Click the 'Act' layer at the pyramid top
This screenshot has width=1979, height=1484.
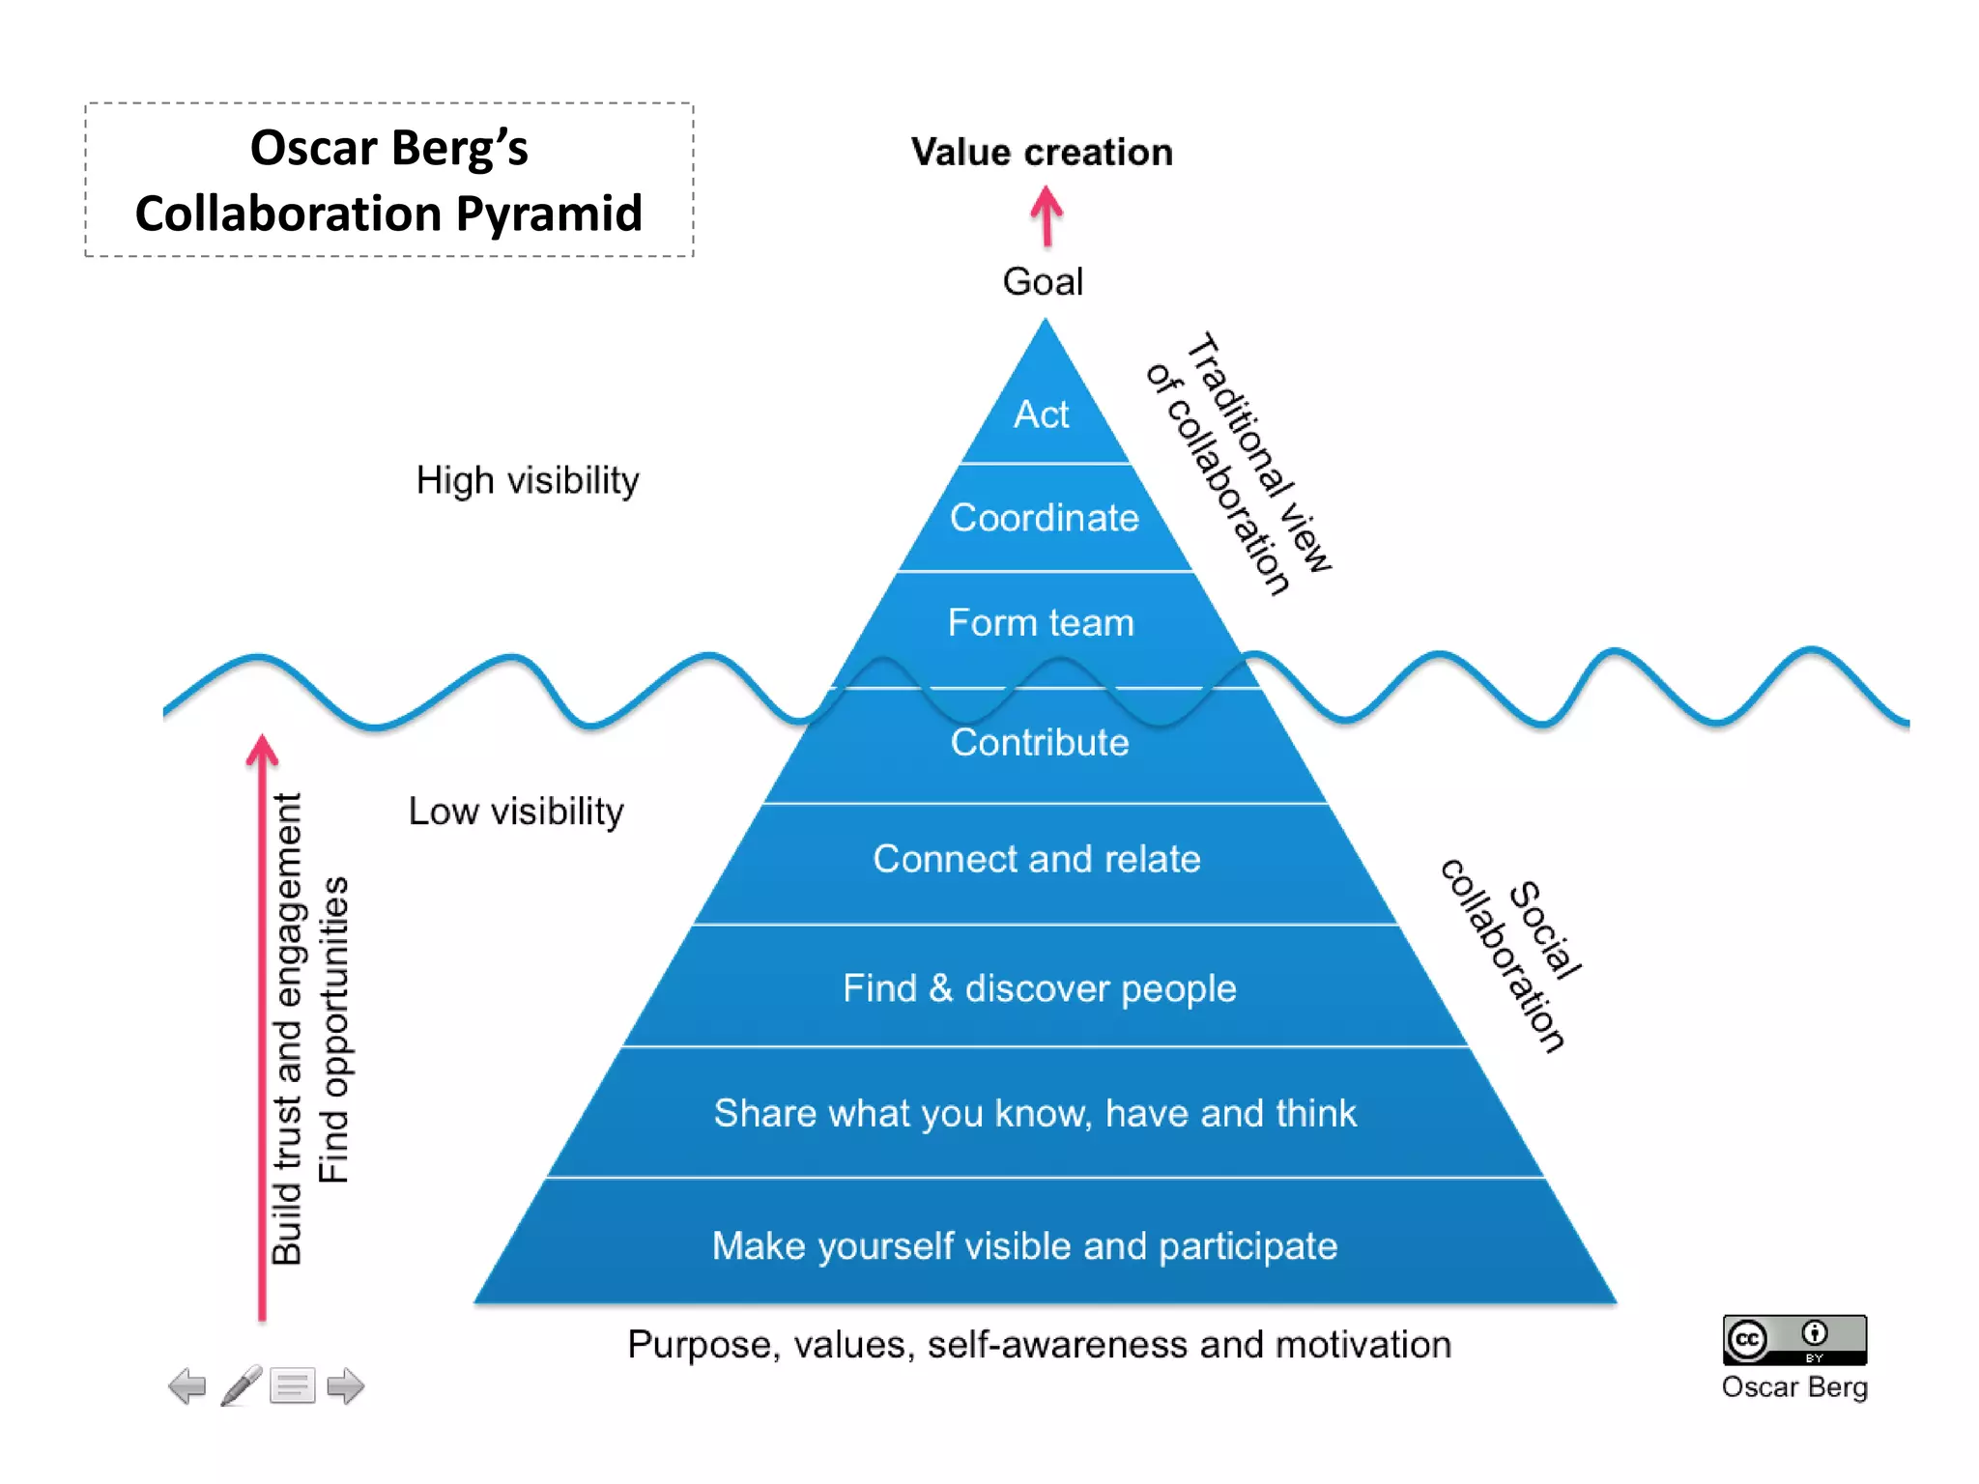pos(1042,414)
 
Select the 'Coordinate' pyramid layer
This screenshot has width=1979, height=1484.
pos(1045,518)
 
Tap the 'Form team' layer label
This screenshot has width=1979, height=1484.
pos(1041,623)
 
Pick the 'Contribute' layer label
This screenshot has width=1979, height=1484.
pos(1040,743)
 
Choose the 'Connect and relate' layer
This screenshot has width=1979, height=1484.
pos(1037,859)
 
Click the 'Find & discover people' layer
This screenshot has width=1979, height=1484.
pos(1040,988)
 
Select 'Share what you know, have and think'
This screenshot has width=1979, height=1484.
pos(1035,1113)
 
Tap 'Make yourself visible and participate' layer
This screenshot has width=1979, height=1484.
pos(1025,1246)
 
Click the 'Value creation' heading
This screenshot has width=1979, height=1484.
pos(1042,153)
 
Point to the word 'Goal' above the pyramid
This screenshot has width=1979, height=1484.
pos(1043,282)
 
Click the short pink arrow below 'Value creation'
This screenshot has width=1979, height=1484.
pos(1047,215)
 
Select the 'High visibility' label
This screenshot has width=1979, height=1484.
pos(528,480)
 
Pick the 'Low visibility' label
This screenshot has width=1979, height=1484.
pos(516,812)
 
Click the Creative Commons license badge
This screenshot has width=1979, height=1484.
pos(1794,1339)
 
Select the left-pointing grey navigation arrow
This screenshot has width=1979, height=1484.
pos(187,1386)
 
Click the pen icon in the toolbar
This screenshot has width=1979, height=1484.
pos(241,1385)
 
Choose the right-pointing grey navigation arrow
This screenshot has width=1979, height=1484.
pos(345,1386)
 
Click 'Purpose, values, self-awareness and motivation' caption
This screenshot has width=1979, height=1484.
pos(1039,1345)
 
